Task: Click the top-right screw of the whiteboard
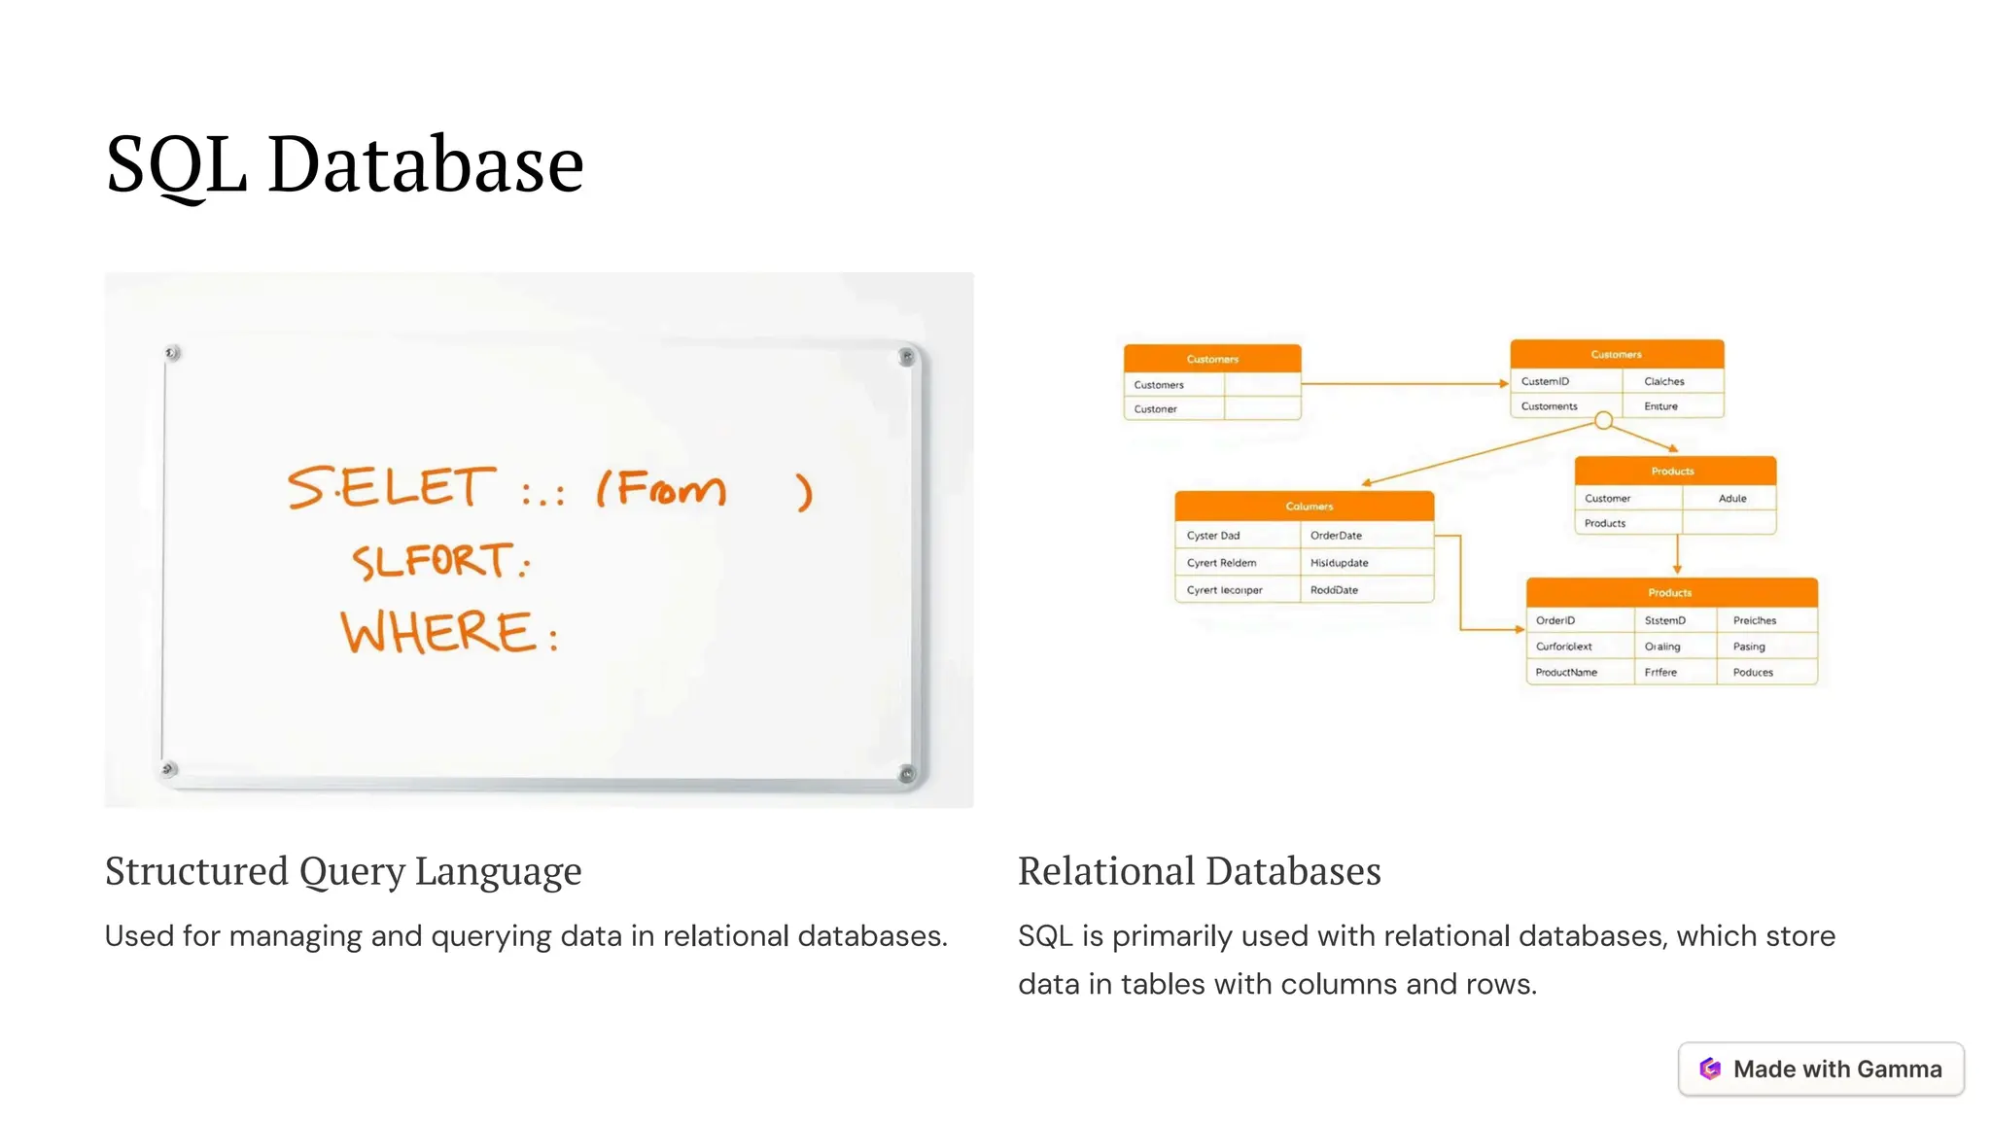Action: pyautogui.click(x=906, y=357)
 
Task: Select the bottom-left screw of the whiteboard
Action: pyautogui.click(x=168, y=769)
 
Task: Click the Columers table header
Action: pyautogui.click(x=1309, y=507)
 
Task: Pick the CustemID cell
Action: pyautogui.click(x=1545, y=381)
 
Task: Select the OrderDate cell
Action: pyautogui.click(x=1336, y=536)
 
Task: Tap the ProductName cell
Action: pyautogui.click(x=1565, y=672)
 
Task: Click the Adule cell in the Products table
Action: pyautogui.click(x=1731, y=499)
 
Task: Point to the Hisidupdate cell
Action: pyautogui.click(x=1339, y=563)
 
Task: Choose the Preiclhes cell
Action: pyautogui.click(x=1754, y=620)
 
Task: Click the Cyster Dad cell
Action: pyautogui.click(x=1213, y=536)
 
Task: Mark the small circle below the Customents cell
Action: pyautogui.click(x=1604, y=421)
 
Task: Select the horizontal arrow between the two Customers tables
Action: pyautogui.click(x=1404, y=384)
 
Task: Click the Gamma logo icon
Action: pyautogui.click(x=1710, y=1069)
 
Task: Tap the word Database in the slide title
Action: pyautogui.click(x=425, y=164)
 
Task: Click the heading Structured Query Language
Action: pyautogui.click(x=343, y=871)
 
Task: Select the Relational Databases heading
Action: pyautogui.click(x=1199, y=871)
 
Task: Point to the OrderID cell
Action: pyautogui.click(x=1554, y=620)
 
